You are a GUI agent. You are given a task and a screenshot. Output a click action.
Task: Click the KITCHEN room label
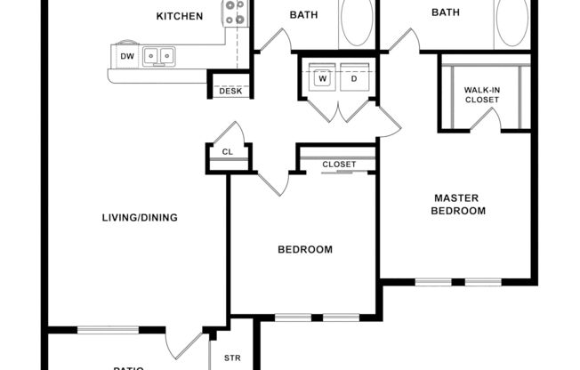point(180,16)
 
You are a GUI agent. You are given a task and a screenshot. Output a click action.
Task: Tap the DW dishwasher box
point(127,57)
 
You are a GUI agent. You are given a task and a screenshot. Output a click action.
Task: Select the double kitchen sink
point(160,57)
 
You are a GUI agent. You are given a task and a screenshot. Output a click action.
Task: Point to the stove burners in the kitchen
point(235,12)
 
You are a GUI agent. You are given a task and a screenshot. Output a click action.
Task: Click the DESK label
point(231,91)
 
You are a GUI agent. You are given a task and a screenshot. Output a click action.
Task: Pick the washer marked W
point(322,78)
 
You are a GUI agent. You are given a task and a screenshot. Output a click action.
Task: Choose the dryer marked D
point(352,78)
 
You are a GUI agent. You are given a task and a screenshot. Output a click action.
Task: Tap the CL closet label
point(228,152)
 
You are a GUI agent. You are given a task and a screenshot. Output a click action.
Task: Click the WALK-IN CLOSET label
point(481,94)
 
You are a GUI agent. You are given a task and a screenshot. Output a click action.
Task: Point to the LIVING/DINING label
point(140,217)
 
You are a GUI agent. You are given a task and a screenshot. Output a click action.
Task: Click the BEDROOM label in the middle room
point(305,250)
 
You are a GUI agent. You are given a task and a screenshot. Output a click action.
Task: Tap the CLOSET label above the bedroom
point(339,165)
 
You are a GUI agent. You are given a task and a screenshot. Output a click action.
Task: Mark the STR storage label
point(232,358)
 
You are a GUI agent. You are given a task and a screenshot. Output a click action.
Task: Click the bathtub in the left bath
point(357,23)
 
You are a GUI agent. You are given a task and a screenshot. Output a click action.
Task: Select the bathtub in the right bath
point(512,23)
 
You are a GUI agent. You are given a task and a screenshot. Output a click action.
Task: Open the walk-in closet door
point(485,123)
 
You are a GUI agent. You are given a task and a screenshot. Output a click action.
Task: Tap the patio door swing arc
point(185,344)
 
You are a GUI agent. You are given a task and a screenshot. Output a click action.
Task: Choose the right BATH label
point(446,12)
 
